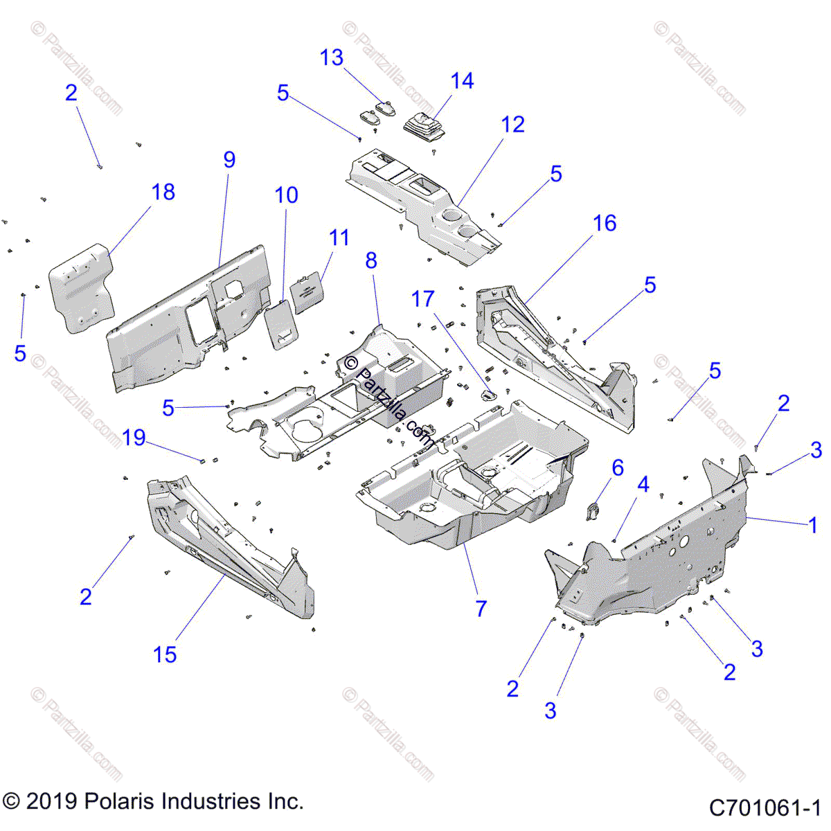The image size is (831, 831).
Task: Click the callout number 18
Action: (x=163, y=192)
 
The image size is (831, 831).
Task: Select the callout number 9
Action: (x=229, y=159)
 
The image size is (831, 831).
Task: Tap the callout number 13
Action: (x=332, y=57)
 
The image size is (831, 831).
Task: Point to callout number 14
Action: (x=462, y=81)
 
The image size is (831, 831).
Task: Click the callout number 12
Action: (x=513, y=125)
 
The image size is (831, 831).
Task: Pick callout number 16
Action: (x=605, y=223)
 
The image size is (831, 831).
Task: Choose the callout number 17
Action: (x=423, y=299)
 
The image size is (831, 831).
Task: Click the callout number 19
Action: (x=134, y=438)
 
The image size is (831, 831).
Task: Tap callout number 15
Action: (x=165, y=654)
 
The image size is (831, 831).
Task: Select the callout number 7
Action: (x=481, y=609)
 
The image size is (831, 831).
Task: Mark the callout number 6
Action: (x=617, y=467)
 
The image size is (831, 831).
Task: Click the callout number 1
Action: (x=813, y=526)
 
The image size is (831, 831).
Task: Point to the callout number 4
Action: (x=643, y=485)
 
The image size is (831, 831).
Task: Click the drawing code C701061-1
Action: (x=765, y=807)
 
